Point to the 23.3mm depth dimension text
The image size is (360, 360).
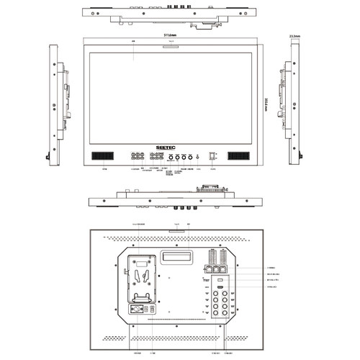(294, 34)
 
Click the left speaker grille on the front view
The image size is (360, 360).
(102, 156)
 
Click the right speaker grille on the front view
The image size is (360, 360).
(237, 156)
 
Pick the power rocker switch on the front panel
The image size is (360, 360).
(212, 156)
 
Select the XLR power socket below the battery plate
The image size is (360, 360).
(133, 310)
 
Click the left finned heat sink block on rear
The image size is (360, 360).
(211, 258)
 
